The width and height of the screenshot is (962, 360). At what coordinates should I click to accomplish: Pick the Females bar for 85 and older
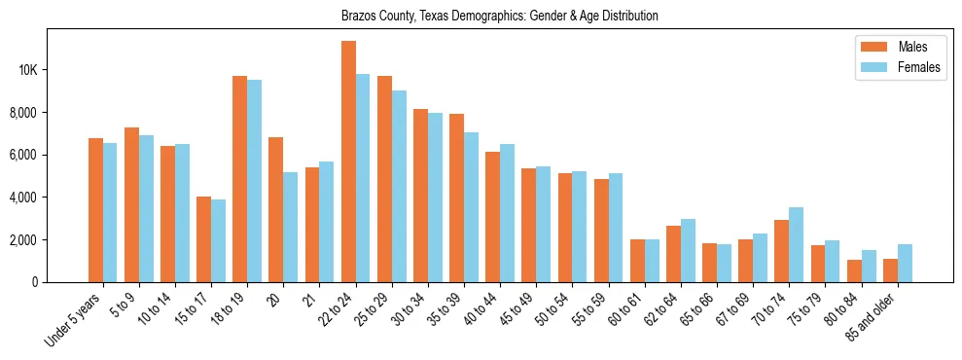(905, 263)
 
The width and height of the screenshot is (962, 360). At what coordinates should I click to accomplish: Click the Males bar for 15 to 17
(203, 239)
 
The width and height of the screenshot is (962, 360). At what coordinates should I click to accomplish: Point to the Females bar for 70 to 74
(796, 244)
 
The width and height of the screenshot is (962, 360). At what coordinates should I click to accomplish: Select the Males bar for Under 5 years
(95, 210)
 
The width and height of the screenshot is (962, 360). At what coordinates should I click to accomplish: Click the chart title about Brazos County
(499, 16)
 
